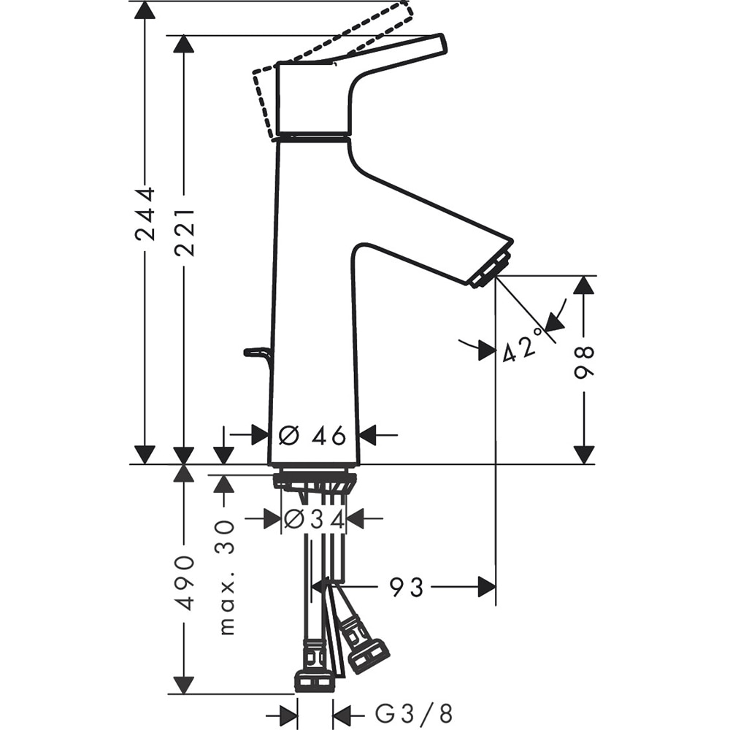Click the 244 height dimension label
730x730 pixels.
(x=145, y=213)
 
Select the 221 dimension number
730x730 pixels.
(x=184, y=231)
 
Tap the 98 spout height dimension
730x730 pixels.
(x=583, y=362)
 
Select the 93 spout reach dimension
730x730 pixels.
(x=406, y=586)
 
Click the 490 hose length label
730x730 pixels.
(x=184, y=582)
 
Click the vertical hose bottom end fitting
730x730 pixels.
(x=315, y=680)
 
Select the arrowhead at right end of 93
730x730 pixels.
(x=487, y=586)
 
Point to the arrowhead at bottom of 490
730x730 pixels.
(x=184, y=685)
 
